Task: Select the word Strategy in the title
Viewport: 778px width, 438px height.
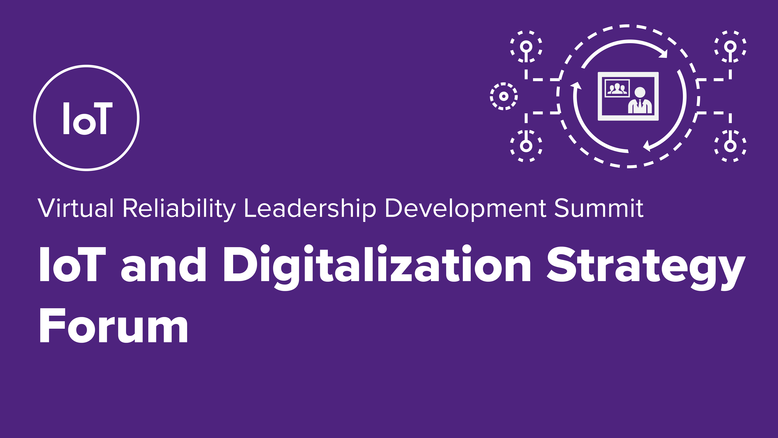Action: [646, 268]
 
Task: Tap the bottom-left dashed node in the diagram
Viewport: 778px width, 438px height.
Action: [526, 146]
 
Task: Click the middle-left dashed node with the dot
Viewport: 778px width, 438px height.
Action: [503, 96]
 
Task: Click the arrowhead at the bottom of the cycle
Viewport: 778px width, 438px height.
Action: [647, 146]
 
